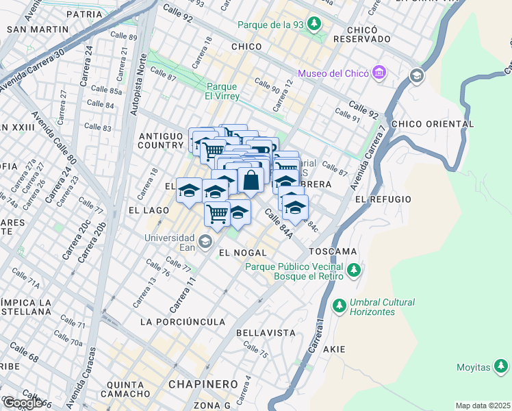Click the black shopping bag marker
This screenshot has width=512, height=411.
pyautogui.click(x=251, y=181)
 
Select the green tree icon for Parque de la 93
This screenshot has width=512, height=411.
pyautogui.click(x=314, y=25)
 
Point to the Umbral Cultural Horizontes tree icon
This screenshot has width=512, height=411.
pyautogui.click(x=338, y=305)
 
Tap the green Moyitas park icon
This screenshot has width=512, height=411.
pyautogui.click(x=501, y=367)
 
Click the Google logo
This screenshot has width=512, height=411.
pyautogui.click(x=23, y=403)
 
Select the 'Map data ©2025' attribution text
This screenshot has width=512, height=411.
pyautogui.click(x=483, y=406)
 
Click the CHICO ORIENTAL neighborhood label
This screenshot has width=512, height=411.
pyautogui.click(x=435, y=124)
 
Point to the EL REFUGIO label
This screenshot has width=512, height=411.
pyautogui.click(x=383, y=199)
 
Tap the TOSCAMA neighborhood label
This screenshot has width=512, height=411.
pyautogui.click(x=333, y=251)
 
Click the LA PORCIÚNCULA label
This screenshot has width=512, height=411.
pyautogui.click(x=182, y=321)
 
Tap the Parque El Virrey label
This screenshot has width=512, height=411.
pyautogui.click(x=222, y=91)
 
